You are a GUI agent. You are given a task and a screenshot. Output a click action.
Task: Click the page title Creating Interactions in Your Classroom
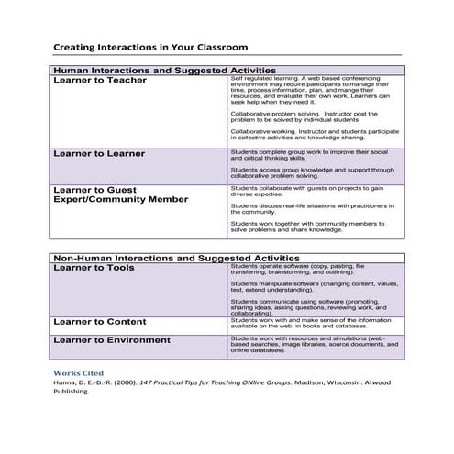[149, 46]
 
